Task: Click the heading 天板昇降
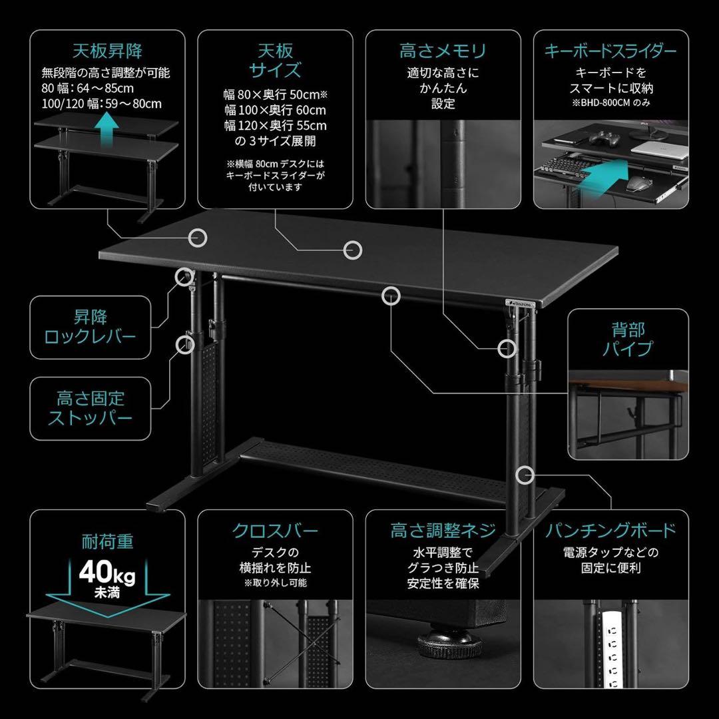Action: pyautogui.click(x=107, y=51)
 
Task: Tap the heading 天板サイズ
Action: pyautogui.click(x=275, y=61)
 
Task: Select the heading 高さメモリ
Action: pyautogui.click(x=443, y=51)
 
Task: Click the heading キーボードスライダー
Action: pyautogui.click(x=610, y=51)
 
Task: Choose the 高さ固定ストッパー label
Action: pyautogui.click(x=90, y=408)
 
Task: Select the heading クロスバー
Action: pyautogui.click(x=275, y=531)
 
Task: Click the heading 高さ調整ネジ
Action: pyautogui.click(x=443, y=531)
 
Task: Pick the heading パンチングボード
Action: pyautogui.click(x=610, y=531)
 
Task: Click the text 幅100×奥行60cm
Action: pyautogui.click(x=275, y=110)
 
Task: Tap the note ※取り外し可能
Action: pyautogui.click(x=275, y=583)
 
